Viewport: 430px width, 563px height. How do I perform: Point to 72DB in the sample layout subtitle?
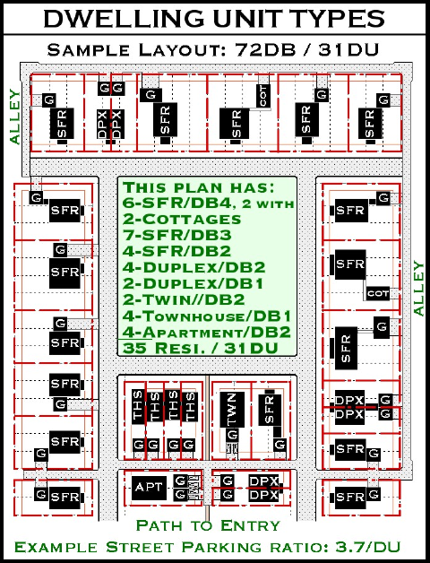[265, 49]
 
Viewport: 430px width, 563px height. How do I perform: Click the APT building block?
[149, 488]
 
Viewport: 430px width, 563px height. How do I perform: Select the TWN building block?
[232, 410]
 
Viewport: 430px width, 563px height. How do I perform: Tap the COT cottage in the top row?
[263, 96]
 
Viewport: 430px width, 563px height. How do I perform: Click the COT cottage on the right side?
[378, 294]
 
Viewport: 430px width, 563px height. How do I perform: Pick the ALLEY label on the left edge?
[15, 117]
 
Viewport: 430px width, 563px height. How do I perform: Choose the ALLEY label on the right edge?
[418, 289]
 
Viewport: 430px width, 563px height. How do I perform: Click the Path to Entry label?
[208, 525]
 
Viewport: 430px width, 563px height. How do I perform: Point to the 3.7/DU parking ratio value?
[367, 547]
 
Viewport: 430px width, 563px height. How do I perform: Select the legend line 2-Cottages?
[182, 219]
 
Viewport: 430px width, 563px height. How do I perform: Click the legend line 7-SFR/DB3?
[176, 235]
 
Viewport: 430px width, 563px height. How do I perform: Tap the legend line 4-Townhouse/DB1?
[206, 316]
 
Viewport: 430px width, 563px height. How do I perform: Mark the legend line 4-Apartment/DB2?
[206, 332]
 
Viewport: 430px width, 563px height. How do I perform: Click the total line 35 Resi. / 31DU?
[201, 348]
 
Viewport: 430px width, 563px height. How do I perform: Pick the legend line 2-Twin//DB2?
[184, 299]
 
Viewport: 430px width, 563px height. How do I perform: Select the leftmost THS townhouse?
[138, 406]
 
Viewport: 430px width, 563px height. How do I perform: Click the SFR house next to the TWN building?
[270, 410]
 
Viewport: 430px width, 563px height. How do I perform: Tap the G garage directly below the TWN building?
[232, 435]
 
